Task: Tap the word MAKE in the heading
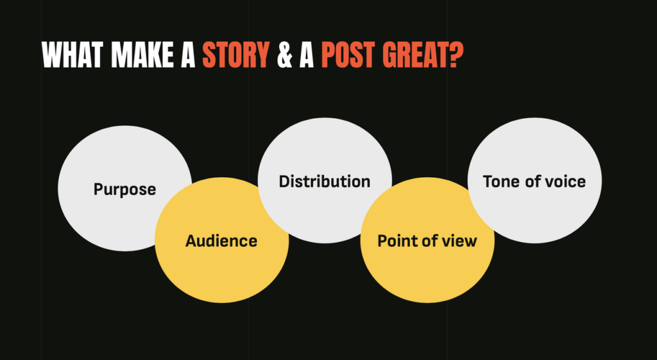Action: pyautogui.click(x=142, y=55)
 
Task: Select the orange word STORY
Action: pyautogui.click(x=236, y=55)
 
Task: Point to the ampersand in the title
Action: pyautogui.click(x=284, y=55)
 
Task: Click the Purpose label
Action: pyautogui.click(x=125, y=189)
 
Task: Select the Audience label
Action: pyautogui.click(x=221, y=241)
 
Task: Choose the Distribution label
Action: pyautogui.click(x=325, y=182)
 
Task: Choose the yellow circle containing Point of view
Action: pyautogui.click(x=427, y=273)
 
